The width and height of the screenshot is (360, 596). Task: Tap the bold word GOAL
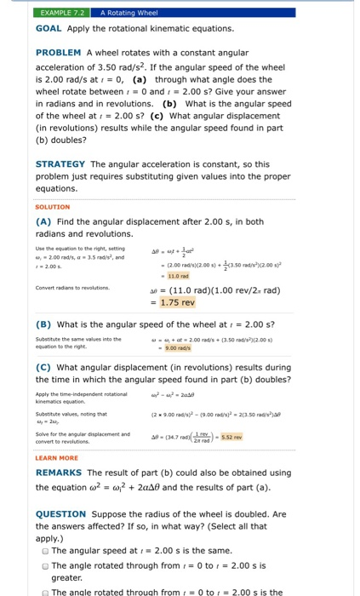click(49, 28)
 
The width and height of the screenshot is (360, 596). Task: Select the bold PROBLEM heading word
click(59, 53)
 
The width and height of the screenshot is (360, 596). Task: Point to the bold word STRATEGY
click(60, 163)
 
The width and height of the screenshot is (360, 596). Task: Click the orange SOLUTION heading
click(53, 207)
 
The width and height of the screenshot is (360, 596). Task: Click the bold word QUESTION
click(61, 514)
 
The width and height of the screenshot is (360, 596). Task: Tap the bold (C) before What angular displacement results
click(44, 367)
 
